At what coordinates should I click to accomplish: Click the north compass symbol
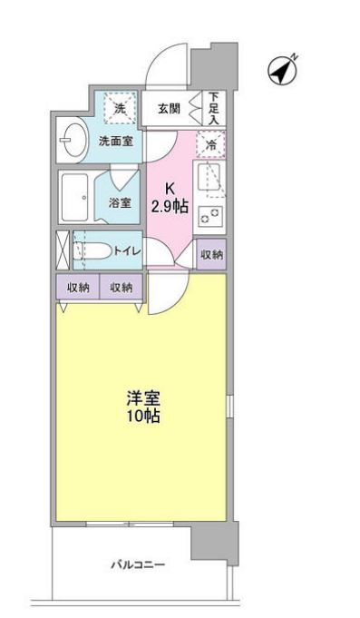[x=284, y=69]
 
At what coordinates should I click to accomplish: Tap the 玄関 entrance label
[x=169, y=109]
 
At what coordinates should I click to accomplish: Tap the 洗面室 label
[x=116, y=142]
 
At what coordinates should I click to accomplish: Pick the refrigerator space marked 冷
[x=210, y=143]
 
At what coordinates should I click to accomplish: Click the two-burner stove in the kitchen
[x=209, y=214]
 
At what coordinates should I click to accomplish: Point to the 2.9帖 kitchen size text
[x=170, y=205]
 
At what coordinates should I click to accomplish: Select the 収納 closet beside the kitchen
[x=210, y=255]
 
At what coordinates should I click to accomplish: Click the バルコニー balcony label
[x=138, y=564]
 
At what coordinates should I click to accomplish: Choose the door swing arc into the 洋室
[x=166, y=294]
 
